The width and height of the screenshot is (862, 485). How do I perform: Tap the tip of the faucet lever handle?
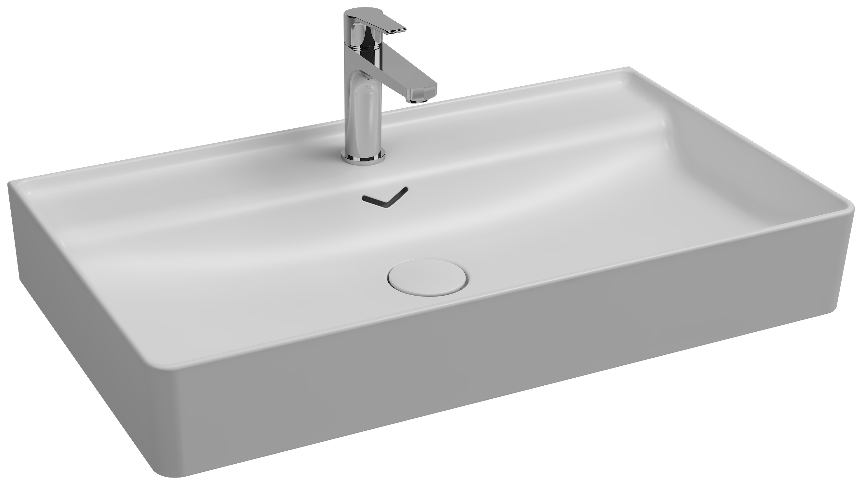pos(400,30)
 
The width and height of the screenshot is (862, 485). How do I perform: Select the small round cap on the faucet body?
pos(369,88)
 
